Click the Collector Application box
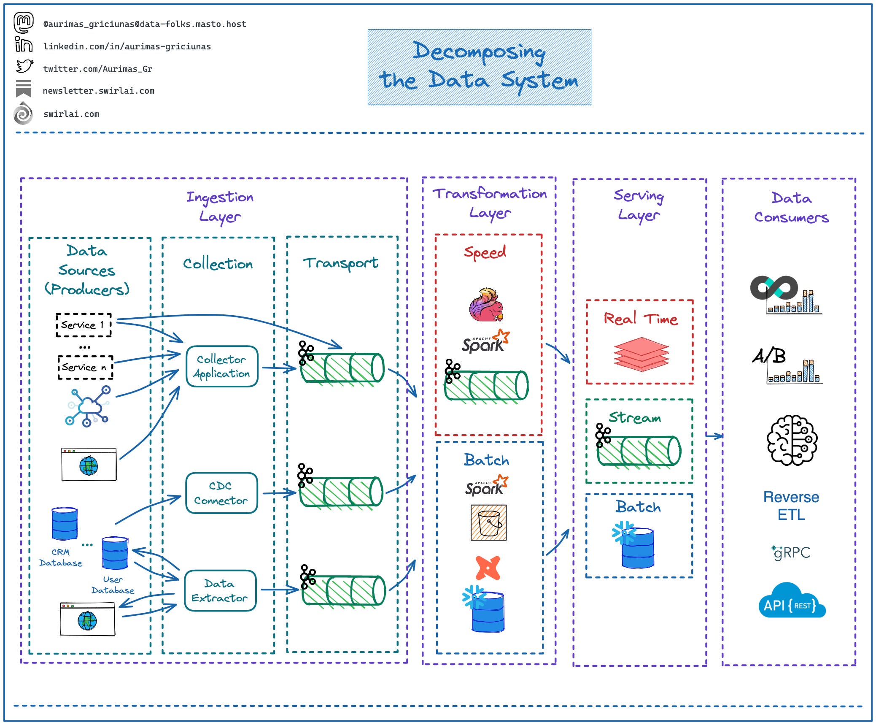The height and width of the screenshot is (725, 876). tap(222, 366)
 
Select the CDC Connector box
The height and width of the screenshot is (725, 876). tap(221, 493)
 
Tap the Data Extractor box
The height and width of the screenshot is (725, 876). tap(220, 590)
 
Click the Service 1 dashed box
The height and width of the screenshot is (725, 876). tap(84, 325)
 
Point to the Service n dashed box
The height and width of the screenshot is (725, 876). tap(85, 367)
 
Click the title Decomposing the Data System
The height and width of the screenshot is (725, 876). tap(479, 67)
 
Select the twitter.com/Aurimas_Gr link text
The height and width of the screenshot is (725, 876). tap(97, 69)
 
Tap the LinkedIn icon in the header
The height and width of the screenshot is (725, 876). tap(24, 44)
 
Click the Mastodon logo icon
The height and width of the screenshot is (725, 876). tap(24, 22)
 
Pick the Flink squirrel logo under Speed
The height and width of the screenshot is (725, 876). tap(486, 305)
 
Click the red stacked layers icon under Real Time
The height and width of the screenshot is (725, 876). tap(641, 354)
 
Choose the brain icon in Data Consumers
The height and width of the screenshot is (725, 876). tap(792, 440)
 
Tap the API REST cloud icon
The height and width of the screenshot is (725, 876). tap(792, 601)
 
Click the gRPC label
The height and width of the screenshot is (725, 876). tap(792, 552)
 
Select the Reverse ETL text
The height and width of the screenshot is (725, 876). tap(791, 506)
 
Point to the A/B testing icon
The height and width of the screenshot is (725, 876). tap(787, 365)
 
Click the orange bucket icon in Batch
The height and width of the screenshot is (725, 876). tap(488, 522)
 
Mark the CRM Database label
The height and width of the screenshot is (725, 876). tap(61, 557)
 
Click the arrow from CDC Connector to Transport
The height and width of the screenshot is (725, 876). tap(279, 492)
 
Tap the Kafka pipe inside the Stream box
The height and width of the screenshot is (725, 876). tap(639, 451)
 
